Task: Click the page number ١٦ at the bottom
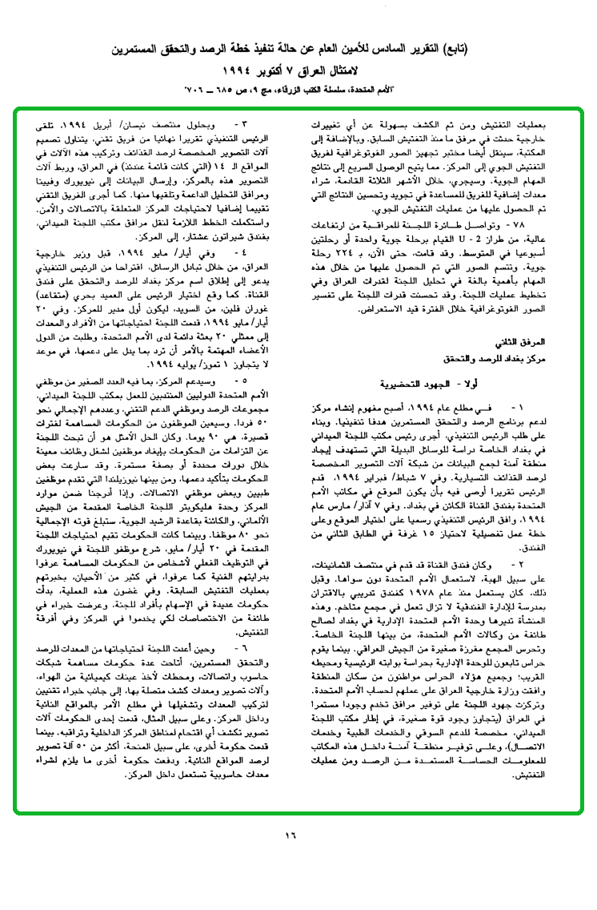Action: coord(290,835)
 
